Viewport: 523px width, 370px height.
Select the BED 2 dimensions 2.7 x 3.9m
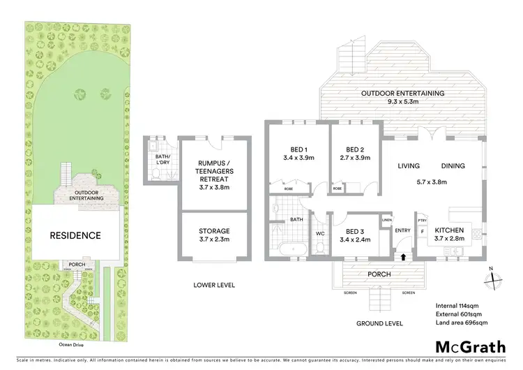pos(354,158)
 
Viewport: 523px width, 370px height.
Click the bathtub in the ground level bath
pos(289,249)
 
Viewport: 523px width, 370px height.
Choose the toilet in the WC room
pos(319,248)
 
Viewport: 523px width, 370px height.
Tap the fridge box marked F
pos(423,231)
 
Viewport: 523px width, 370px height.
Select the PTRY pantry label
pos(423,219)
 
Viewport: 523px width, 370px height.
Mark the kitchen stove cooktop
pos(476,235)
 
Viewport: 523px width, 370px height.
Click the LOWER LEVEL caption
pos(215,285)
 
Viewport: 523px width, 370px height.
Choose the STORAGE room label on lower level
pos(214,231)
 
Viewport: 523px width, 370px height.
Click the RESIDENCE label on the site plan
pos(75,235)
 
